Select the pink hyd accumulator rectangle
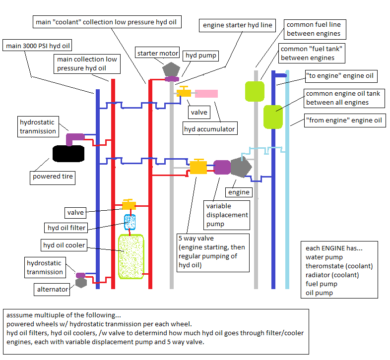pos(206,93)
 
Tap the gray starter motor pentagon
pos(172,70)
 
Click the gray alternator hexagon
pos(81,283)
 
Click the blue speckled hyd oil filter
pos(130,221)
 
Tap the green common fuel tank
pos(255,91)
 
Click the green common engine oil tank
pos(272,116)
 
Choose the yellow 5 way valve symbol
pos(198,167)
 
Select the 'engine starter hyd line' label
pos(237,25)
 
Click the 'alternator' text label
pos(53,289)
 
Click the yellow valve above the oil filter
pos(129,205)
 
